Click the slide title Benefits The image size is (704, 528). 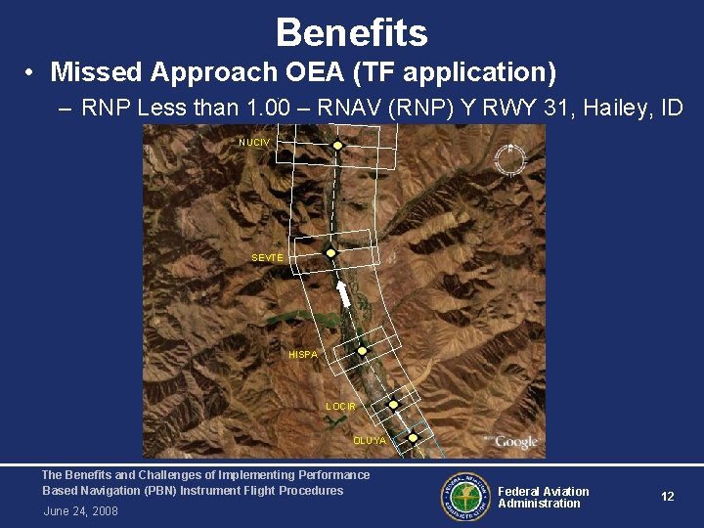click(x=351, y=33)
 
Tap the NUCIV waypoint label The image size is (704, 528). click(x=254, y=143)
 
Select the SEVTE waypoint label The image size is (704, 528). click(x=267, y=257)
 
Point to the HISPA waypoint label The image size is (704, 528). click(x=303, y=354)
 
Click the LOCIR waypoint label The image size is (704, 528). click(x=341, y=406)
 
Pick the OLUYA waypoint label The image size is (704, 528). click(x=370, y=440)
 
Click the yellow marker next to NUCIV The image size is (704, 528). click(x=337, y=146)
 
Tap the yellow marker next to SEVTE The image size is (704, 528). click(x=330, y=252)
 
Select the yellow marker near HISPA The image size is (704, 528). click(x=362, y=350)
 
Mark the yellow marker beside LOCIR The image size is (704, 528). click(x=393, y=404)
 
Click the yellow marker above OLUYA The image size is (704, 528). click(x=413, y=437)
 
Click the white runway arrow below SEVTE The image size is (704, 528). click(x=344, y=292)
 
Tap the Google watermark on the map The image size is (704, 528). click(x=515, y=442)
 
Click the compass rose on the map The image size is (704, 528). click(x=508, y=159)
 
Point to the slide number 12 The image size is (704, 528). click(x=668, y=497)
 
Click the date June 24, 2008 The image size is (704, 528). click(x=81, y=511)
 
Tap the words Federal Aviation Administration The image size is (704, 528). click(x=543, y=498)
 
